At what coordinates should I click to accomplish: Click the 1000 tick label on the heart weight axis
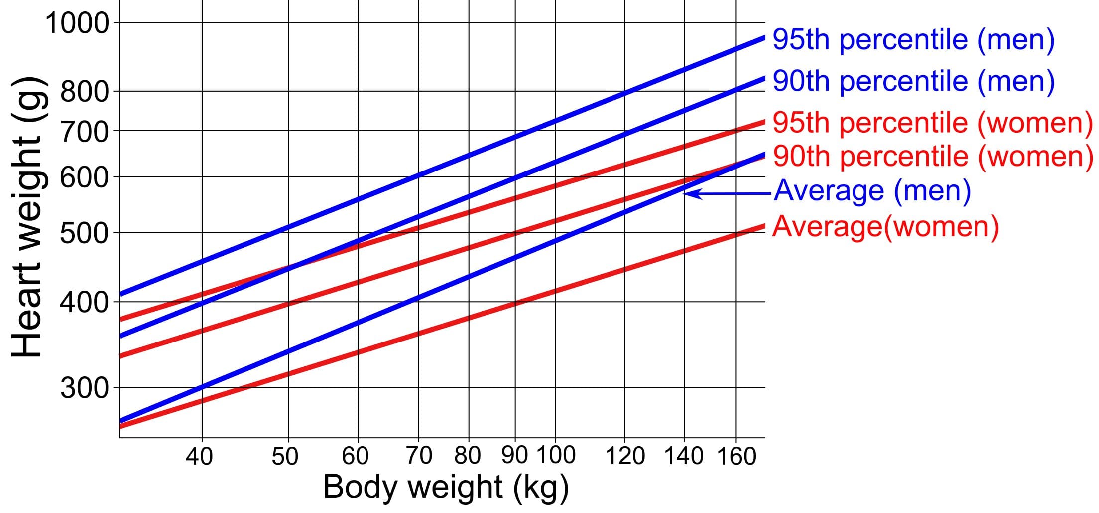point(77,23)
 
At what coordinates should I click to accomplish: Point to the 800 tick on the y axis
point(84,92)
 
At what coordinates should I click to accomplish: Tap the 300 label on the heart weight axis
point(84,388)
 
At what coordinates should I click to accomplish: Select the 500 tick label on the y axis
point(84,233)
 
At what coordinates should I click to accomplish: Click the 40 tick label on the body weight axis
point(200,456)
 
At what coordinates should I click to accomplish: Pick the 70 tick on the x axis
point(419,456)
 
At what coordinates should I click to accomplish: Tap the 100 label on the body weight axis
point(556,455)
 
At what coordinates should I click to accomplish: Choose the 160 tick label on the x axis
point(736,456)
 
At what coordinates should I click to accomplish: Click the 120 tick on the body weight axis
point(625,456)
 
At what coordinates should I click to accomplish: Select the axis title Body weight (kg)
point(446,487)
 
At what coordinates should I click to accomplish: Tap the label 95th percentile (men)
point(913,40)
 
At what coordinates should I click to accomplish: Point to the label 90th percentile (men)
point(913,81)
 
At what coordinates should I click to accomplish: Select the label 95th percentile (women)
point(932,123)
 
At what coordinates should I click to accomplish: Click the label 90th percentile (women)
point(933,157)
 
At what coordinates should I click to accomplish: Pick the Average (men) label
point(872,191)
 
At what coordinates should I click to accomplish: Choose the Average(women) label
point(885,227)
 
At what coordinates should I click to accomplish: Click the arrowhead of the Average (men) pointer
point(688,193)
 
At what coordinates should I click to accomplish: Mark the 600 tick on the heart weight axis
point(84,177)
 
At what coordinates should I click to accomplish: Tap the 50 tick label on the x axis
point(285,456)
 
